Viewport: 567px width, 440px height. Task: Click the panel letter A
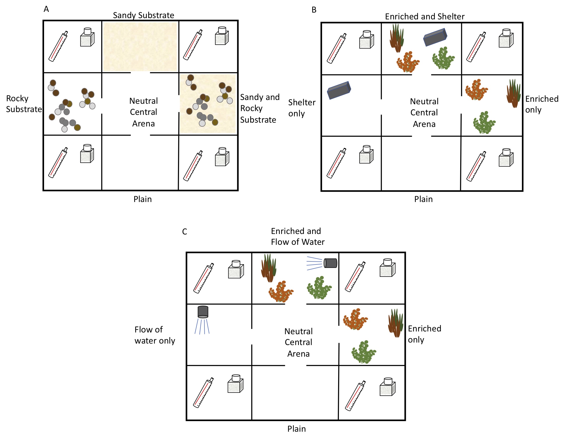pyautogui.click(x=46, y=9)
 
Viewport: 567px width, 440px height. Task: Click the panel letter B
pyautogui.click(x=314, y=10)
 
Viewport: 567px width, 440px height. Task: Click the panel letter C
pyautogui.click(x=185, y=231)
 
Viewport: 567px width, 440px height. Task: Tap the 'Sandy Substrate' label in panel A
pyautogui.click(x=143, y=15)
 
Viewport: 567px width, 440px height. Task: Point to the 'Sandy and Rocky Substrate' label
pyautogui.click(x=260, y=108)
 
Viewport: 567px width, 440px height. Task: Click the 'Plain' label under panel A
pyautogui.click(x=143, y=199)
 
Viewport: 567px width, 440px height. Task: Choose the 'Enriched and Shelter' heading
pyautogui.click(x=425, y=17)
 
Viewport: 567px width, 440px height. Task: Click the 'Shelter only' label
pyautogui.click(x=302, y=108)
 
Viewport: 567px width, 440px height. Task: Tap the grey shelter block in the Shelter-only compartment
pyautogui.click(x=339, y=90)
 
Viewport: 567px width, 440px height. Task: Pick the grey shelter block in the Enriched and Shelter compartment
pyautogui.click(x=435, y=37)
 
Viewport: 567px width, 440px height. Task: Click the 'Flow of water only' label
pyautogui.click(x=155, y=335)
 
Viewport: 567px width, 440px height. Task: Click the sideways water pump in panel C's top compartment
pyautogui.click(x=330, y=263)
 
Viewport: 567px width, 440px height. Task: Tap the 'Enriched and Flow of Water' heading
pyautogui.click(x=298, y=236)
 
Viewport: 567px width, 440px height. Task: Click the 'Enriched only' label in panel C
pyautogui.click(x=424, y=334)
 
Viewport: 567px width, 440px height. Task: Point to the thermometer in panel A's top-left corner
pyautogui.click(x=58, y=46)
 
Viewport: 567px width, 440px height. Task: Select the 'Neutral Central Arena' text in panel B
pyautogui.click(x=424, y=113)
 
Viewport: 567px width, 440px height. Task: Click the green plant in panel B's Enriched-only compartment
pyautogui.click(x=484, y=123)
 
